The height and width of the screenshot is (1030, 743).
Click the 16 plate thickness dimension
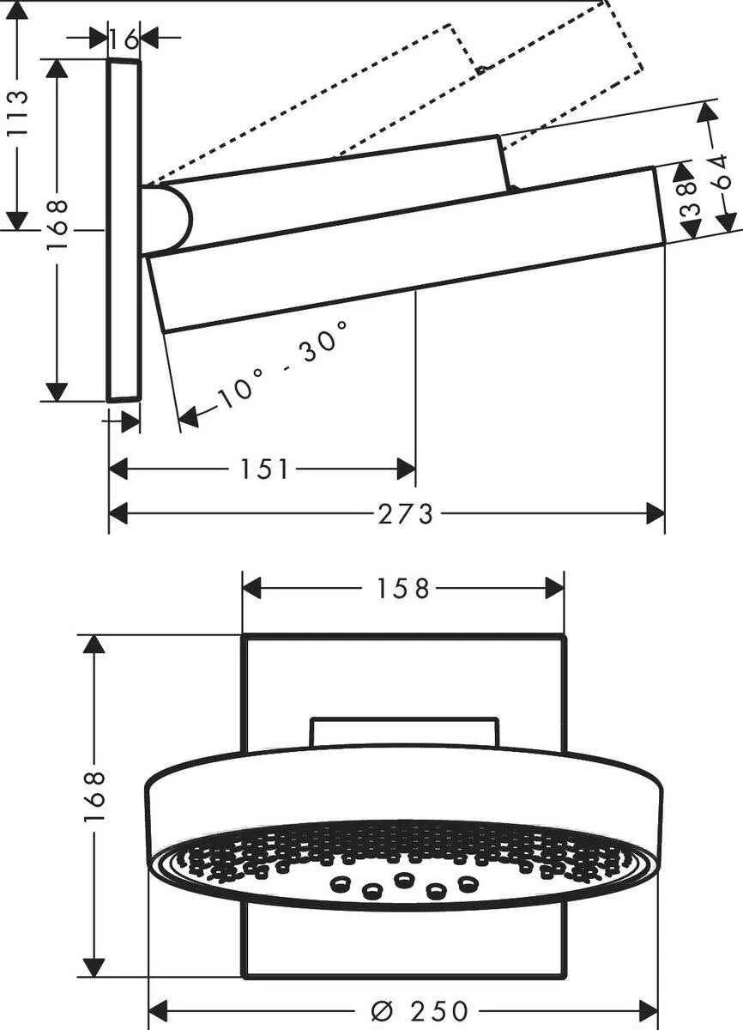(x=124, y=38)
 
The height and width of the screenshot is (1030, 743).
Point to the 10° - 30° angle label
(x=283, y=360)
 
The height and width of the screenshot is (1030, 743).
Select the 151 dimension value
(x=264, y=469)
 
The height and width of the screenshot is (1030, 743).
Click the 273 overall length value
(x=406, y=514)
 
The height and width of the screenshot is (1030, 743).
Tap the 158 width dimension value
(x=402, y=588)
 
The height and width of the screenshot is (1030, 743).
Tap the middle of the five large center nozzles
(x=402, y=879)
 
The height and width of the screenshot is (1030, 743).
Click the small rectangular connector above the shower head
(x=404, y=731)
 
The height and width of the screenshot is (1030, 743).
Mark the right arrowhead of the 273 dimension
(x=655, y=514)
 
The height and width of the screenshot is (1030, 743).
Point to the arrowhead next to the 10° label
(x=189, y=417)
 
